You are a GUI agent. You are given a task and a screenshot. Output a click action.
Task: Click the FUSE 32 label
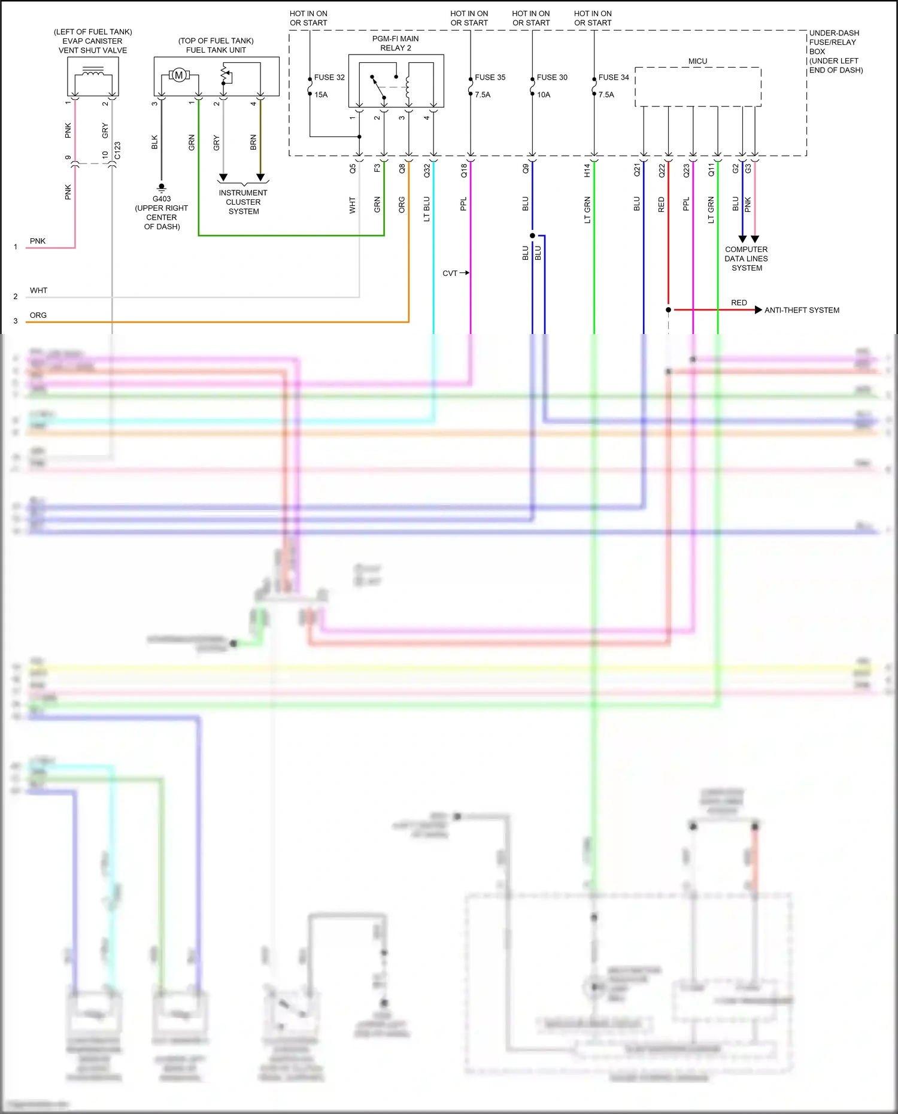tap(329, 77)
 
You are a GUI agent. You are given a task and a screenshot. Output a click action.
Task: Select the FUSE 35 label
tap(490, 77)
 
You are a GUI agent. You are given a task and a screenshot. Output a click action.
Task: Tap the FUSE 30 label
tap(552, 77)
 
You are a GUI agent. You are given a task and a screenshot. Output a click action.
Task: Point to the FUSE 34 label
tap(614, 77)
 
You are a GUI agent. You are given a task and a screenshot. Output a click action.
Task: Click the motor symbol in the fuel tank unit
tap(178, 75)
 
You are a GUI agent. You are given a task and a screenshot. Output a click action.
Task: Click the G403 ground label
tap(162, 199)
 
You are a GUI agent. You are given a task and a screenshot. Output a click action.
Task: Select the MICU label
tap(697, 61)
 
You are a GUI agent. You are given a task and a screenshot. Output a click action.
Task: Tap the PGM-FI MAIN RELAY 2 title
tap(396, 43)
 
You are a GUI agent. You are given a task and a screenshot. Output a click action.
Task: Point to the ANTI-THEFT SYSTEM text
tap(802, 310)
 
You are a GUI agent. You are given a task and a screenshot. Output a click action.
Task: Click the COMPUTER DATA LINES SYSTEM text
tap(746, 259)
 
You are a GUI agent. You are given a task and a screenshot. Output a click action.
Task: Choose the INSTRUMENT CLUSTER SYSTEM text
tap(243, 202)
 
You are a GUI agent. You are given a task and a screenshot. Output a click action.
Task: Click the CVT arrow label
tap(450, 273)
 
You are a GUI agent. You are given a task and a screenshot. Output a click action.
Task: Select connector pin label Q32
tap(427, 171)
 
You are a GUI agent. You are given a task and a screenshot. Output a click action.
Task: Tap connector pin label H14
tap(587, 171)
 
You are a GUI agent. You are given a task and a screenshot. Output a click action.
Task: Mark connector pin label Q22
tap(662, 171)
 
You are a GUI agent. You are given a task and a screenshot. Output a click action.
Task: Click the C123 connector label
tap(117, 151)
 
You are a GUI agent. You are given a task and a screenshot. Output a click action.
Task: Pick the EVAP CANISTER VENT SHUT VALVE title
tap(93, 41)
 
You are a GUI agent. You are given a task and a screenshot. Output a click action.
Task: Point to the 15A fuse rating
tap(321, 95)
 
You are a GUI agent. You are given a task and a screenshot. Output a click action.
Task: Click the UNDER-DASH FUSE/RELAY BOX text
tap(835, 51)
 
